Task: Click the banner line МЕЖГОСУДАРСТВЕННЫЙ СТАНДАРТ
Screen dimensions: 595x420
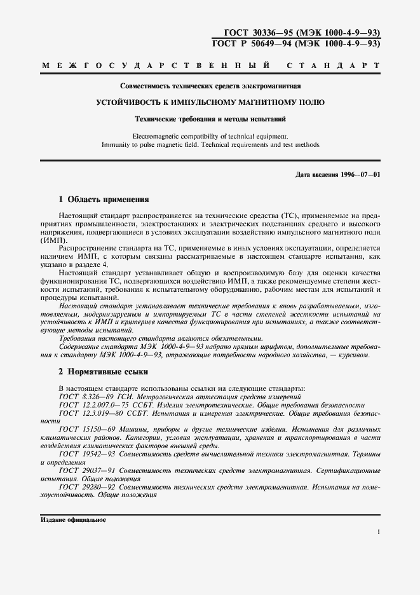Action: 210,65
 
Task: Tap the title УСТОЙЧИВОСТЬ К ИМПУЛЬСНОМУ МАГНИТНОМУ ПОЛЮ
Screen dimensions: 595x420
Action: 210,102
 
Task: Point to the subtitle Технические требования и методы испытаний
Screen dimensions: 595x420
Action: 210,118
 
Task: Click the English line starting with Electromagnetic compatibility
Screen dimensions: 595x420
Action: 210,135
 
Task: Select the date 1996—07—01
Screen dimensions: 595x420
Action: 362,174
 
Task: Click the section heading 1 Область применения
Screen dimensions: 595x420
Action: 104,199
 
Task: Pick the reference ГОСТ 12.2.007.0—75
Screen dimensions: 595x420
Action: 93,404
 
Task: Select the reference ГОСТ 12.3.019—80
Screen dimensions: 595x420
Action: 89,413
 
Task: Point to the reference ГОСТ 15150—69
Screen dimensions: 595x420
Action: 85,430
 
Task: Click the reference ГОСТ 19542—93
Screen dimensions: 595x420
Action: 85,455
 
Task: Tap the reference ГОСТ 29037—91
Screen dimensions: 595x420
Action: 85,471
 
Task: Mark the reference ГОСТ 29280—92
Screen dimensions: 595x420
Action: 85,488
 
